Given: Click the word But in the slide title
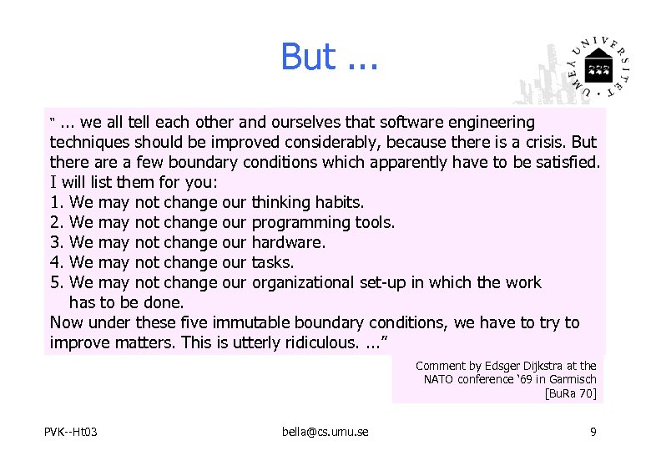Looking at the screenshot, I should coord(308,57).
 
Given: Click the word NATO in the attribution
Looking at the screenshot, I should coord(441,379).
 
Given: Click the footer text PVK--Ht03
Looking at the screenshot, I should coord(71,431).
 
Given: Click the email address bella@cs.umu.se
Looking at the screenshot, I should coord(325,431).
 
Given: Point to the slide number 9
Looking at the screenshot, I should coord(592,431).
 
